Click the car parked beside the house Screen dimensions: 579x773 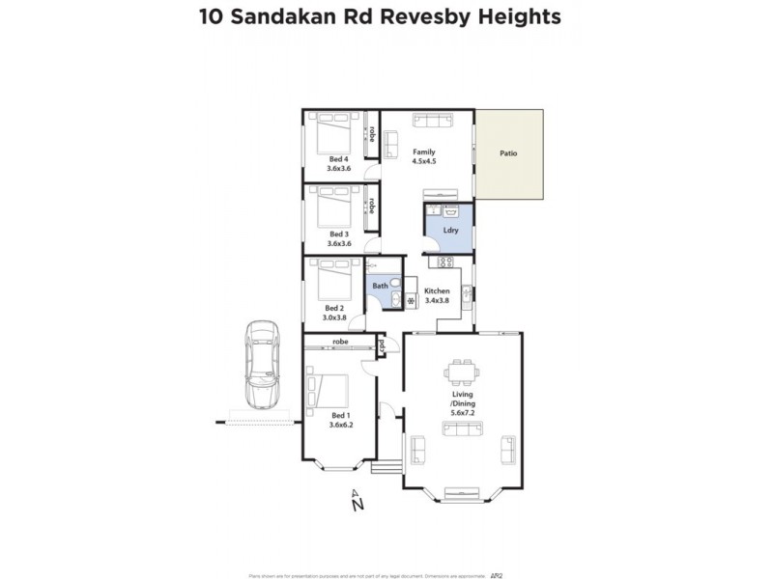coord(262,365)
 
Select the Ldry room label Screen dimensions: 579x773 coord(450,231)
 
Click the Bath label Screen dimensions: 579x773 coord(381,287)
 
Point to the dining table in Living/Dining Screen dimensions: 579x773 coord(460,372)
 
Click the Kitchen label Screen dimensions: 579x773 coord(437,290)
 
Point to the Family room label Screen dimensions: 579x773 coord(424,152)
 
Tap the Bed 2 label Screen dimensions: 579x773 coord(334,308)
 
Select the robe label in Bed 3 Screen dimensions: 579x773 coord(371,206)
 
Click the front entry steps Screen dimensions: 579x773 coord(386,468)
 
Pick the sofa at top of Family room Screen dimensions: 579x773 coord(433,121)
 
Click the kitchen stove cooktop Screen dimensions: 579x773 coord(445,262)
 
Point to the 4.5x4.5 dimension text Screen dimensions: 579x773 coord(424,161)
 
